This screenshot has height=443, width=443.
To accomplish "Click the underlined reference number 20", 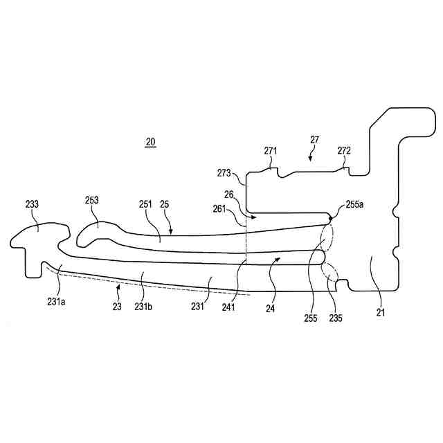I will point(150,143).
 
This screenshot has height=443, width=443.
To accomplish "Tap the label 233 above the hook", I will point(32,204).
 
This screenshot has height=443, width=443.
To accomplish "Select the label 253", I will point(91,201).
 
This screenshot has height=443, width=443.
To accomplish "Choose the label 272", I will point(344,151).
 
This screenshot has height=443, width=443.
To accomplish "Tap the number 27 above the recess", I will point(314,140).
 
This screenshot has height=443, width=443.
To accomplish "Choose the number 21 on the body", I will point(380,314).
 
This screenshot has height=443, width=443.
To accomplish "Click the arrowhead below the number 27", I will point(310,159).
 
